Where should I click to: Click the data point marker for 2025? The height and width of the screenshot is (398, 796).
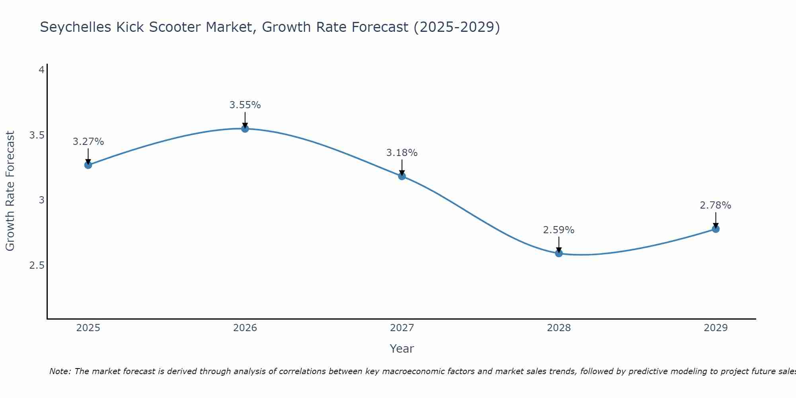tap(88, 165)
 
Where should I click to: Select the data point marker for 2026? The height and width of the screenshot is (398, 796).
tap(245, 129)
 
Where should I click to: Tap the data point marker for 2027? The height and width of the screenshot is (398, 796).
tap(402, 176)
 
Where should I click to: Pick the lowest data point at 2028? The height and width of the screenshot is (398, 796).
tap(559, 253)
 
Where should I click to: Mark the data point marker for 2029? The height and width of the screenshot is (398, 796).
tap(716, 229)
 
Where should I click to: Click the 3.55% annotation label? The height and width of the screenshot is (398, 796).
tap(245, 105)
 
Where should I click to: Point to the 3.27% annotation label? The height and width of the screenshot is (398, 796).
tap(88, 142)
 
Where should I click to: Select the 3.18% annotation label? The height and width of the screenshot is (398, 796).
tap(402, 153)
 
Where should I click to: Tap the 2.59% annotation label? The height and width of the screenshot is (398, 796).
tap(559, 230)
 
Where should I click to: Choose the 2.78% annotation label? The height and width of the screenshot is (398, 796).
tap(716, 205)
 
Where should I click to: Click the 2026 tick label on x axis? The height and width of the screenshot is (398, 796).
tap(245, 328)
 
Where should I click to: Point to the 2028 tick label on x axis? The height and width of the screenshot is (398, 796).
tap(559, 328)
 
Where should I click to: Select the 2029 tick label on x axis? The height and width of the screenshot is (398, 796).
tap(716, 328)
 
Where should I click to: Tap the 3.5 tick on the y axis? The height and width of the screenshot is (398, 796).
tap(37, 135)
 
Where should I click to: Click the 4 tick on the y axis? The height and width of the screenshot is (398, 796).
tap(41, 70)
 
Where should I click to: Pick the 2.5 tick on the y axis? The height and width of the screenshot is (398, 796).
tap(37, 265)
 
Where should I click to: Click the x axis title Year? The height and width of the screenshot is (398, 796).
tap(402, 349)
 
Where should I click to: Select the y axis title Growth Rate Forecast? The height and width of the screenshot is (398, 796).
tap(10, 191)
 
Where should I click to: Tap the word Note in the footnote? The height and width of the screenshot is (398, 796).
tap(59, 371)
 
